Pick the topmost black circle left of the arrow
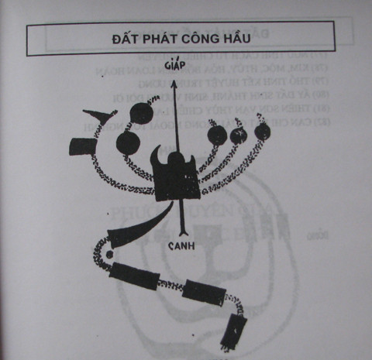pos(139,114)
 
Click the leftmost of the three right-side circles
pos(218,135)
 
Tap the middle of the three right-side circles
pos(239,135)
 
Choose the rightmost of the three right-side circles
pos(262,132)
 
